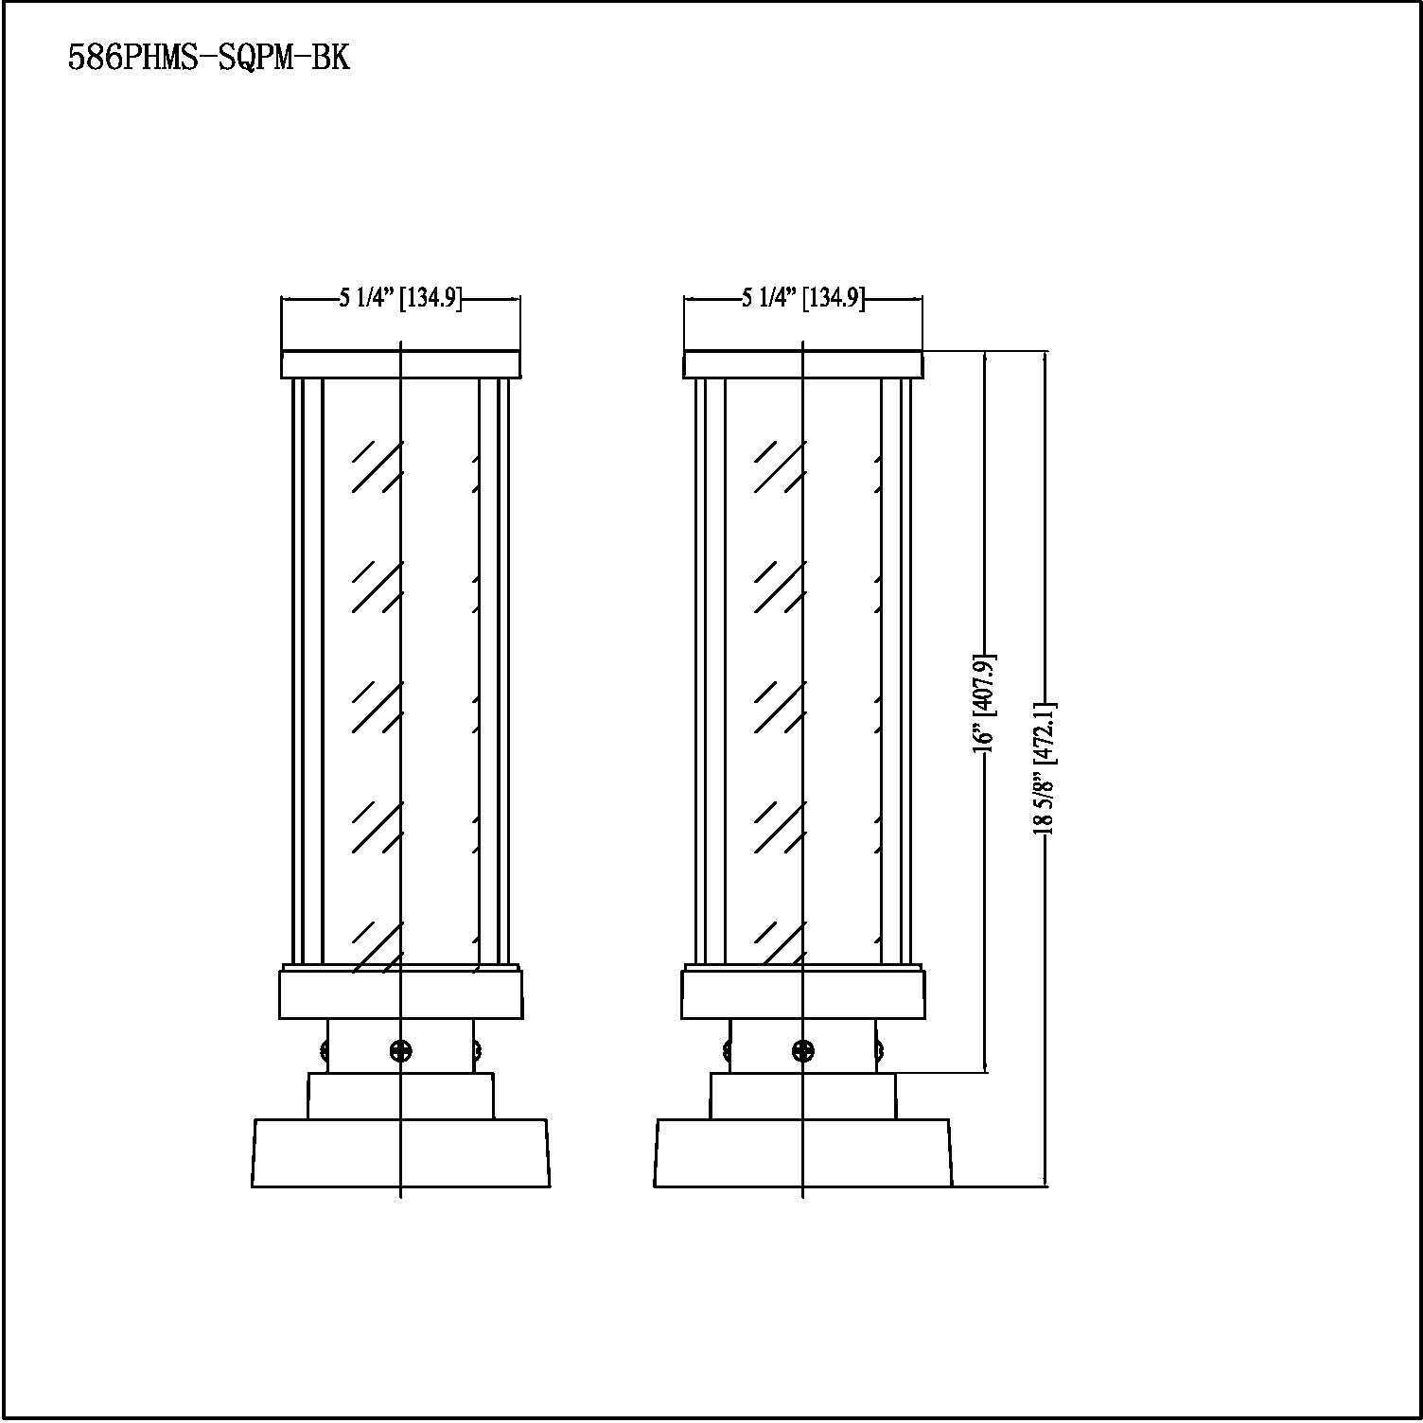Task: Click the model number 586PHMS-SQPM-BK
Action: [209, 58]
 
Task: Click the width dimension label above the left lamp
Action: [400, 299]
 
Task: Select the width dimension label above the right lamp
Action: [802, 299]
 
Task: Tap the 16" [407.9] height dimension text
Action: [985, 702]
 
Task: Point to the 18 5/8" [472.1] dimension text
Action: [1045, 768]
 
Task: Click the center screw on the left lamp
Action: [400, 1049]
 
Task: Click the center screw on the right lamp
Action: [802, 1049]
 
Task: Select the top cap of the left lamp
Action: [401, 364]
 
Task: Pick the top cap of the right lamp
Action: [803, 364]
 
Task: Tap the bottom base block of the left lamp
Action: [401, 1152]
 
